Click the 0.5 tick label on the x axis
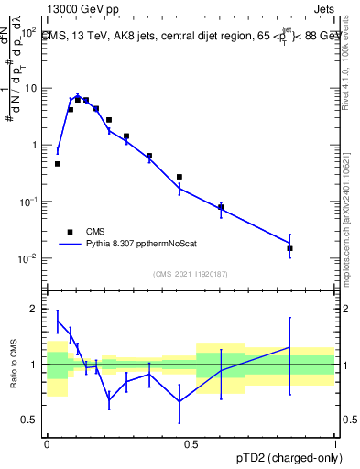pyautogui.click(x=191, y=444)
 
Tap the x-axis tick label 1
pyautogui.click(x=335, y=444)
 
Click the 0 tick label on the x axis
pyautogui.click(x=47, y=444)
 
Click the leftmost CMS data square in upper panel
pyautogui.click(x=58, y=164)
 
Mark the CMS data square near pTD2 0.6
pyautogui.click(x=221, y=208)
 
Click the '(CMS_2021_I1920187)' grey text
pyautogui.click(x=191, y=274)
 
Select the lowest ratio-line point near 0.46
pyautogui.click(x=180, y=401)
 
